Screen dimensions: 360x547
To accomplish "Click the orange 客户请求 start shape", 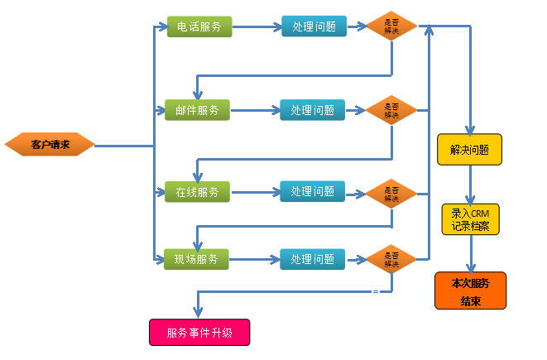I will pos(50,145).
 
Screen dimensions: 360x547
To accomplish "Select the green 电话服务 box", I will pos(199,26).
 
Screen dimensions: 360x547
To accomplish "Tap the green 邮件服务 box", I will pos(197,109).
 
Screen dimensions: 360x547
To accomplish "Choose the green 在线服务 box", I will pos(197,192).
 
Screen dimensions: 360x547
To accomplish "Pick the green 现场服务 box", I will pos(196,259).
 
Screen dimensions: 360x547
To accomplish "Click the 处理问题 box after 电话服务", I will pos(314,26).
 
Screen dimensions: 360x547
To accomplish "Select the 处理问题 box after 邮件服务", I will pos(313,109).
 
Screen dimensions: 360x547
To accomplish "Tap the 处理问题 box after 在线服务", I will pos(313,192).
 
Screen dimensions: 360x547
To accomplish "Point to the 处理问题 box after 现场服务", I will pos(313,259).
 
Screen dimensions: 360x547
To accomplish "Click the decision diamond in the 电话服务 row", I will pos(391,26).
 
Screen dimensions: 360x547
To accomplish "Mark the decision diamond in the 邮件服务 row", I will pos(391,109).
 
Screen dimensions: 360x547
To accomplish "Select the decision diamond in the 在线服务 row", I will pos(391,193).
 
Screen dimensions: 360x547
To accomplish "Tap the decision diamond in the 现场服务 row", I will pos(391,259).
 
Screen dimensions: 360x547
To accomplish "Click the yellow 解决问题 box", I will pos(469,150).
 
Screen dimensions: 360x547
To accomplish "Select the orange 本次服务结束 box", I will pos(470,290).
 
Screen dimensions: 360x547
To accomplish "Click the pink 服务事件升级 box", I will pos(199,333).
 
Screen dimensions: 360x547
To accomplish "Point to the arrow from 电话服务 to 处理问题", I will pos(256,26).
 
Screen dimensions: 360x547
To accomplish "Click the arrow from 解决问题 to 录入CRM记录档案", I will pos(470,184).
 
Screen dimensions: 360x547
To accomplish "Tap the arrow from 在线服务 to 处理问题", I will pos(254,193).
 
